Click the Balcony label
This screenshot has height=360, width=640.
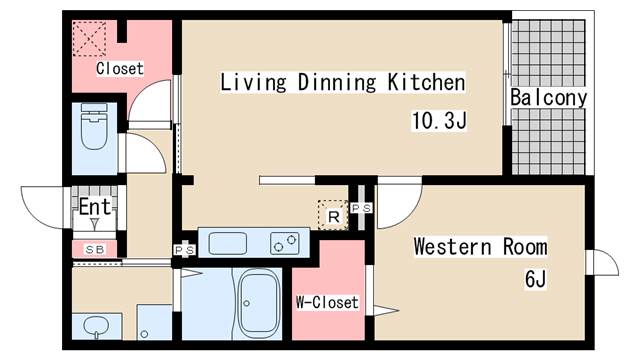pyautogui.click(x=548, y=98)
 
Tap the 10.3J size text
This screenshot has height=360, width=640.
pyautogui.click(x=440, y=122)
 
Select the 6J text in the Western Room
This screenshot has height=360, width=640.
pyautogui.click(x=536, y=278)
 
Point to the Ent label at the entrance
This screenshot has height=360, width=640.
pyautogui.click(x=95, y=208)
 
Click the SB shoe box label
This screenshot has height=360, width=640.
pyautogui.click(x=95, y=248)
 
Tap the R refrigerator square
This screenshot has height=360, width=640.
pyautogui.click(x=332, y=214)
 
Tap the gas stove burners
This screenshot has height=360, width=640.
pyautogui.click(x=284, y=242)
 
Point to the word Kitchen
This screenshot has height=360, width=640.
pyautogui.click(x=426, y=82)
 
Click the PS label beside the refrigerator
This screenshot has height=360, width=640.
pyautogui.click(x=361, y=208)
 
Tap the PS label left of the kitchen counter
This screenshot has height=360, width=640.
pyautogui.click(x=184, y=250)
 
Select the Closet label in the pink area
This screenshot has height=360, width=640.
pyautogui.click(x=120, y=69)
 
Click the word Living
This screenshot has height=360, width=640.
pyautogui.click(x=255, y=82)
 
